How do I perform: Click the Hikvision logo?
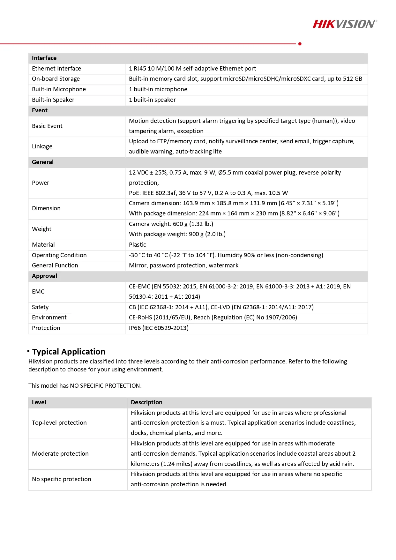click(344, 24)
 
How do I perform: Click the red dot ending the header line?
click(300, 44)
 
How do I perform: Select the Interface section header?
click(44, 58)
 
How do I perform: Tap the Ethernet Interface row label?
click(56, 69)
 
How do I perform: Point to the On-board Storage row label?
click(56, 79)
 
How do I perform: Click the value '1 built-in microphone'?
click(158, 89)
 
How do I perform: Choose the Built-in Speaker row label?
click(53, 100)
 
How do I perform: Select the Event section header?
click(40, 110)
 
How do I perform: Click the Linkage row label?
click(42, 146)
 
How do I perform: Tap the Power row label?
click(41, 183)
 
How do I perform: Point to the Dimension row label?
click(46, 208)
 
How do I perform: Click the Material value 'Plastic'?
click(138, 245)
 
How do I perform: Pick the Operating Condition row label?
click(59, 255)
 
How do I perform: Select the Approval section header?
click(45, 276)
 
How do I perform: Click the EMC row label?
click(38, 292)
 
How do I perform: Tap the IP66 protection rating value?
click(159, 328)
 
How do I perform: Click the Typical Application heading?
click(69, 352)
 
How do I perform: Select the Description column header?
click(146, 402)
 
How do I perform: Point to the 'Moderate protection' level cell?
click(60, 454)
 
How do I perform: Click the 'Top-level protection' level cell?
click(59, 423)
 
